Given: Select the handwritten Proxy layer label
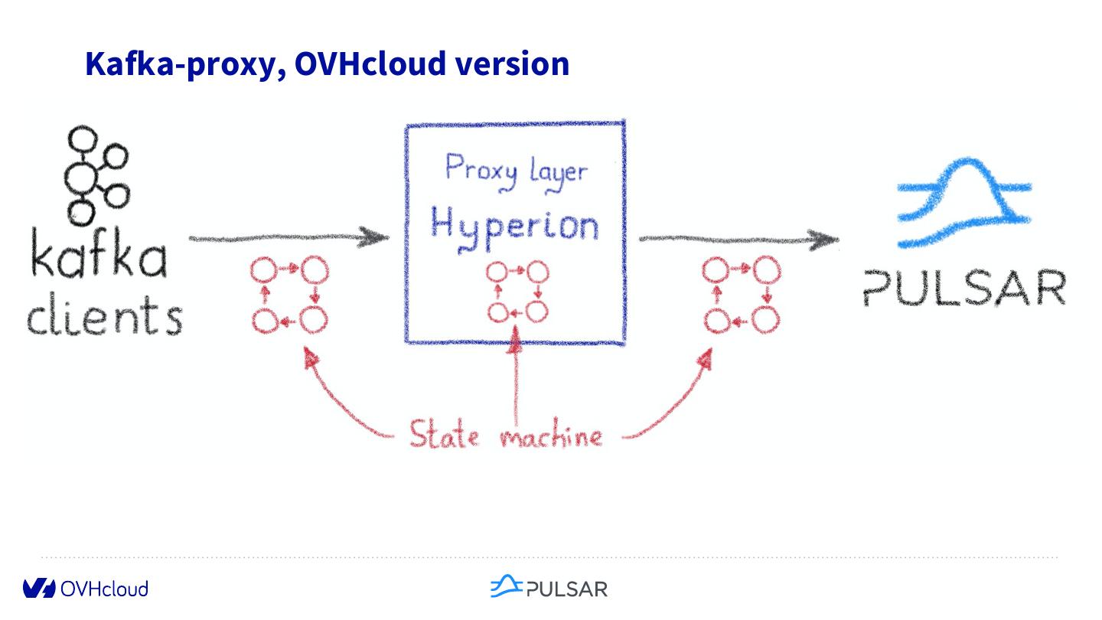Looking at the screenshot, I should point(516,169).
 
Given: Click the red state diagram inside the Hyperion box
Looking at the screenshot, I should point(517,292).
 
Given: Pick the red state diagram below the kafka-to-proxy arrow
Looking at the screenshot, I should point(289,295).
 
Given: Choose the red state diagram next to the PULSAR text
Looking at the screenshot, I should point(740,295).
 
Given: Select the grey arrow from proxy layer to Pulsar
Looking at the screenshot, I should point(738,240).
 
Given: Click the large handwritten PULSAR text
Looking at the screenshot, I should point(964,287).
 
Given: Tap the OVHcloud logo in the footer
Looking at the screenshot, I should point(85,588).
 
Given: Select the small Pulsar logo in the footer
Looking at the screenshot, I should point(548,587).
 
